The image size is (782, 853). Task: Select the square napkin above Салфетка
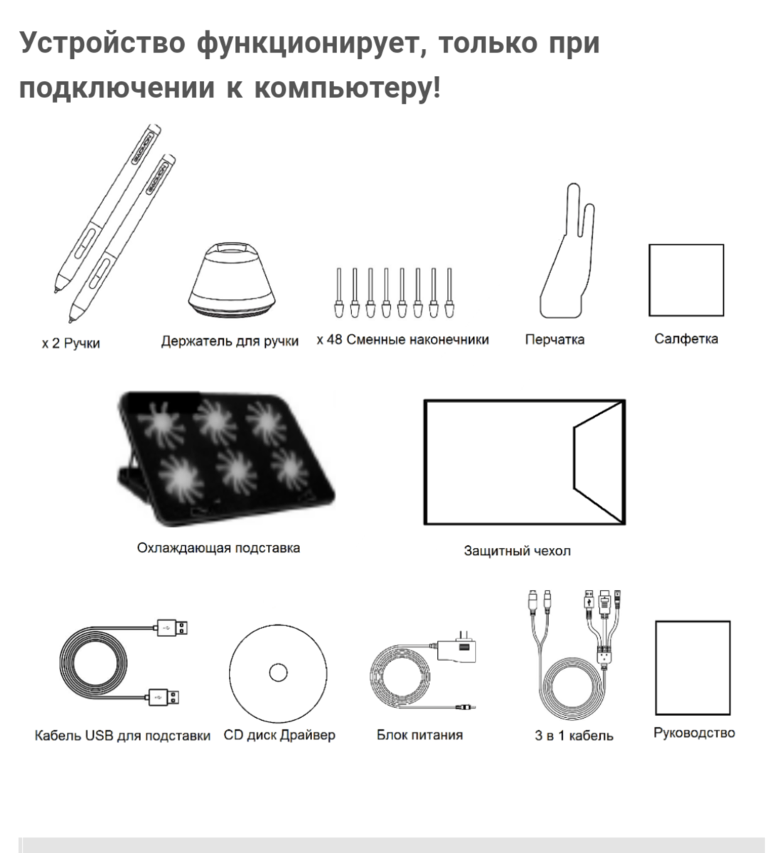click(x=686, y=280)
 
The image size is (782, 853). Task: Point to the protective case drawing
click(x=525, y=462)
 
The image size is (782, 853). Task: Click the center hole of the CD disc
click(x=277, y=672)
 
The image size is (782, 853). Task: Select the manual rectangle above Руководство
click(x=692, y=667)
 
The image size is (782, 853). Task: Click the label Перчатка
click(x=555, y=340)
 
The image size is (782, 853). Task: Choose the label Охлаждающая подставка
click(x=218, y=548)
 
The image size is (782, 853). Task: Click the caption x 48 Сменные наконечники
click(x=402, y=340)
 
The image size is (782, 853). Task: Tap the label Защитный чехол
click(x=517, y=551)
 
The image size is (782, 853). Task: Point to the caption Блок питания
click(x=419, y=735)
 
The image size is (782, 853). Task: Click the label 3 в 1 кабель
click(x=574, y=736)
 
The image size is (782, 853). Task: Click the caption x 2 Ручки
click(x=70, y=343)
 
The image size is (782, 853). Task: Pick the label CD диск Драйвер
click(x=279, y=735)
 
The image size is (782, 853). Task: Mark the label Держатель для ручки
click(x=230, y=341)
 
